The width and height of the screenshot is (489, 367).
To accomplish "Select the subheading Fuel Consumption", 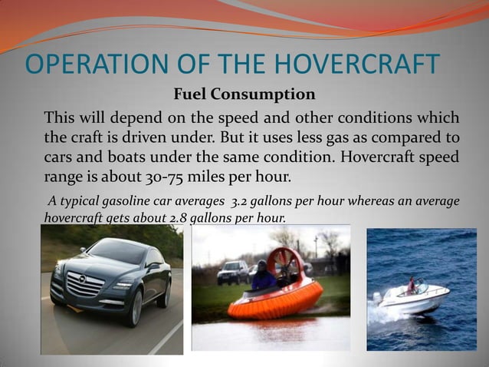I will pos(244,95).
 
